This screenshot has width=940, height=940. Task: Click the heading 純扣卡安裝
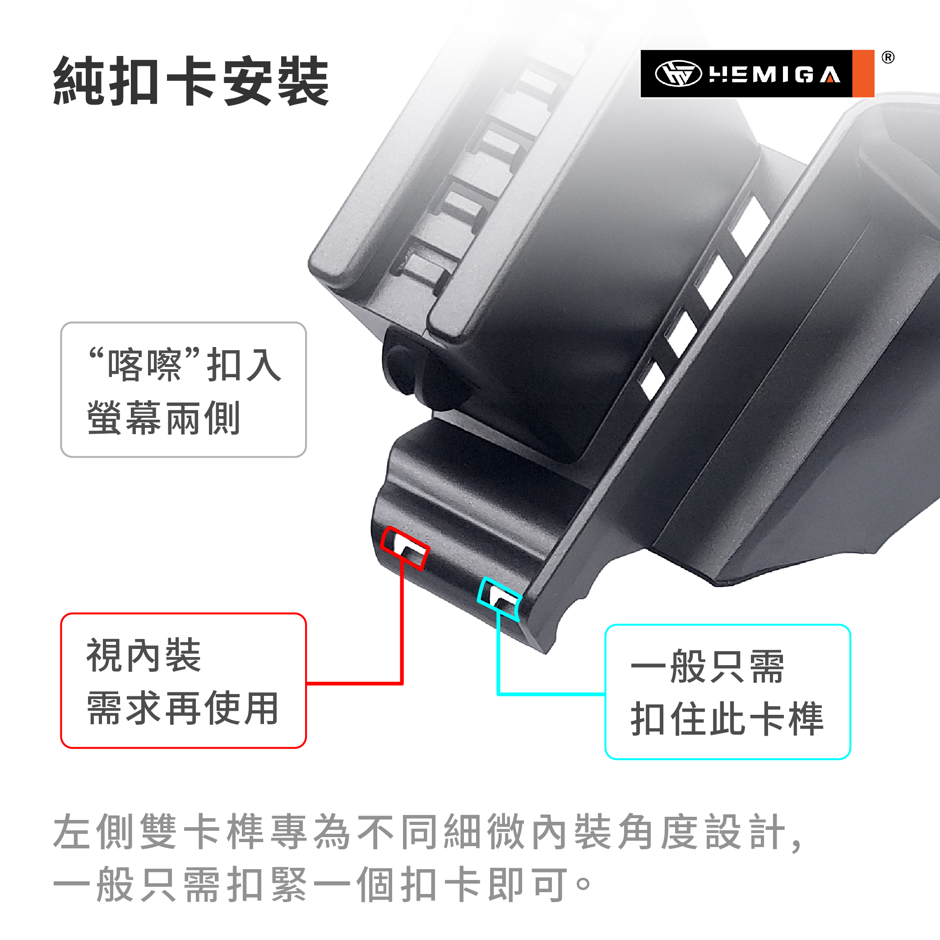click(x=191, y=80)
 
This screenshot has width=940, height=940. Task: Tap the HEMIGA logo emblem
click(x=678, y=74)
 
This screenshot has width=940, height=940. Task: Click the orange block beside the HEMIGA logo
click(x=863, y=74)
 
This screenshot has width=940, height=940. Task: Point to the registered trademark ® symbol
click(x=888, y=57)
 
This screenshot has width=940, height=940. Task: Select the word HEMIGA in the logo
click(x=774, y=74)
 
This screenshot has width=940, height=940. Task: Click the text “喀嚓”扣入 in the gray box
click(x=185, y=365)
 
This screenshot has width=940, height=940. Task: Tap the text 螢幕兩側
click(x=163, y=417)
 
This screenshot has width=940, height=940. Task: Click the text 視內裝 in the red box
click(x=144, y=655)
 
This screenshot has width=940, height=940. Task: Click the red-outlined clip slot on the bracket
click(x=404, y=548)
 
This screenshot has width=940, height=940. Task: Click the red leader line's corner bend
click(x=402, y=684)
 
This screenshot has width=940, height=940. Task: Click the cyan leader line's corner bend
click(x=499, y=694)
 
